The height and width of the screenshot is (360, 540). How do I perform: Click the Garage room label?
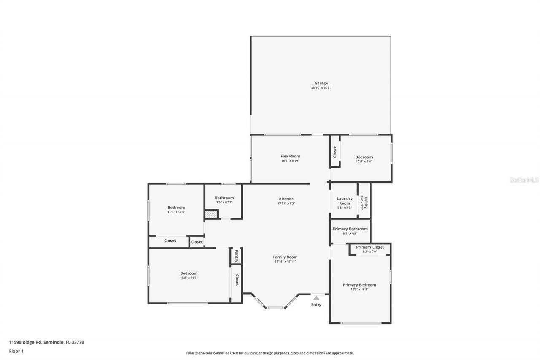321,83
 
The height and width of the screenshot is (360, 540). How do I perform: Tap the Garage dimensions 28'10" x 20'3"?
321,88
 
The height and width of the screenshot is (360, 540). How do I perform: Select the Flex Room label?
290,156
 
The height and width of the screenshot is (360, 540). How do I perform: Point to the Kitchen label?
286,199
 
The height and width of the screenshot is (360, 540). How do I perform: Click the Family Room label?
285,257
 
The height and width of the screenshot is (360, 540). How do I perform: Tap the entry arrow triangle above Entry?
316,298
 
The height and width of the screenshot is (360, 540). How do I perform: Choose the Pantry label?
236,256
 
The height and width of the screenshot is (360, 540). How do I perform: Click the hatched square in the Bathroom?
211,214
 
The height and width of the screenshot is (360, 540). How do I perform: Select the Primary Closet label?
370,247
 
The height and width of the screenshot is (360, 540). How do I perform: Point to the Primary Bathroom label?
350,229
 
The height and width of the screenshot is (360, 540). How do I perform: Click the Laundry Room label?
344,201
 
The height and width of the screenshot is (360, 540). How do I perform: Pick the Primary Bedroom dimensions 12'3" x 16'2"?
359,290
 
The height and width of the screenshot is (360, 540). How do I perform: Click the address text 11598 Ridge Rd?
46,342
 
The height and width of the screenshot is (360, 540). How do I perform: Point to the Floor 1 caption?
16,351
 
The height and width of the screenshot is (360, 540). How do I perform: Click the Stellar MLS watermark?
524,180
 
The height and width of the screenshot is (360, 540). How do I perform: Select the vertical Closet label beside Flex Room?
335,152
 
